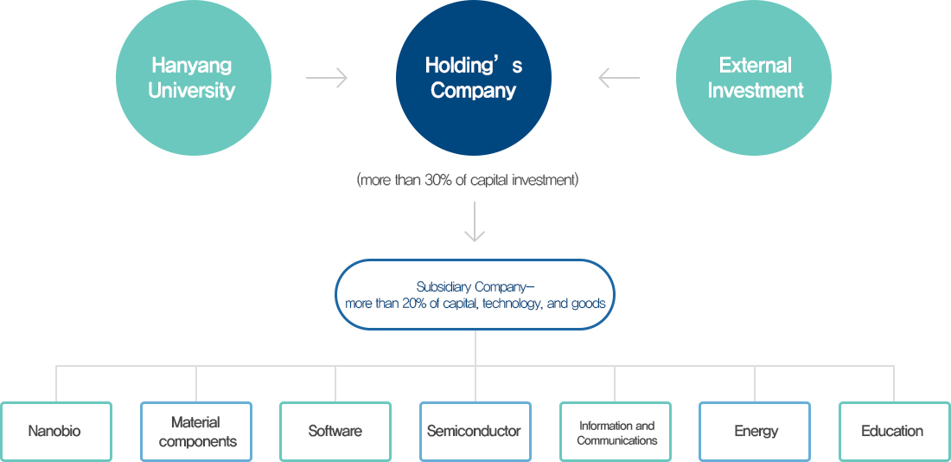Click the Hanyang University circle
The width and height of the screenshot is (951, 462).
[193, 78]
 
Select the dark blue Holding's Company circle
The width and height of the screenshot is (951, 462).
[474, 78]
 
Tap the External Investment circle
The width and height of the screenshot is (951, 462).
[754, 78]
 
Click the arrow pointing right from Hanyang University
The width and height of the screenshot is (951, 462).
[327, 78]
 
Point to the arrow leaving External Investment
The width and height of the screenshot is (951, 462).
[619, 78]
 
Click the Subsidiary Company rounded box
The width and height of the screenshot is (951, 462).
[474, 295]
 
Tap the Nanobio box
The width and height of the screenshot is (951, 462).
[56, 431]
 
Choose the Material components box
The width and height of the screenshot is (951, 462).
[196, 431]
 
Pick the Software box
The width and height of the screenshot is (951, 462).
[335, 431]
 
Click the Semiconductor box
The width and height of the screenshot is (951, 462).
[475, 431]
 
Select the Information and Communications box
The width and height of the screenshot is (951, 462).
[616, 431]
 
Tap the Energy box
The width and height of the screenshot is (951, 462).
[755, 431]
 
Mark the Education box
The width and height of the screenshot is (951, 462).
[894, 431]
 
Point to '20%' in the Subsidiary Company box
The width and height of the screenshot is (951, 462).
[416, 304]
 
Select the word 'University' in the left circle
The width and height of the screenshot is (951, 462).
[192, 91]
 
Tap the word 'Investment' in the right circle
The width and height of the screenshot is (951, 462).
[756, 91]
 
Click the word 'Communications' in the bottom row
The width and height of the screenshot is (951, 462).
[617, 440]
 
